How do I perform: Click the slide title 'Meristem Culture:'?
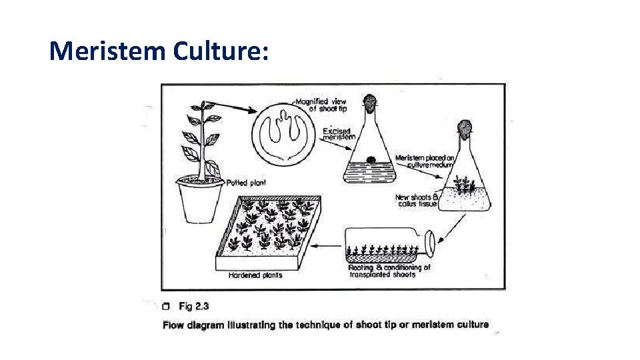[x=159, y=51]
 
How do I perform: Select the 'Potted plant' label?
[x=247, y=183]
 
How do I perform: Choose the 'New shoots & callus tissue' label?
[x=416, y=201]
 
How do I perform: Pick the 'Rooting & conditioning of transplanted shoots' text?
[x=389, y=271]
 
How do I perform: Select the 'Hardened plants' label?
[x=255, y=275]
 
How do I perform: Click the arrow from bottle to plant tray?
[x=327, y=245]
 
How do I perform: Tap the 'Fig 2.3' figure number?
[x=194, y=307]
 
